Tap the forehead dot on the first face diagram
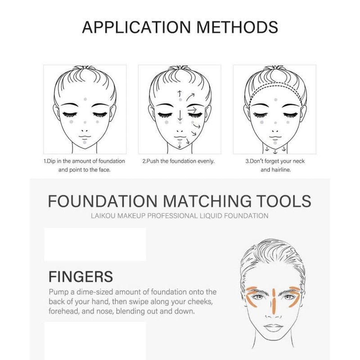tap(85, 98)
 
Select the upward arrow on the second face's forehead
tap(180, 93)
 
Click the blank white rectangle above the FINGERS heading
tap(95, 244)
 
